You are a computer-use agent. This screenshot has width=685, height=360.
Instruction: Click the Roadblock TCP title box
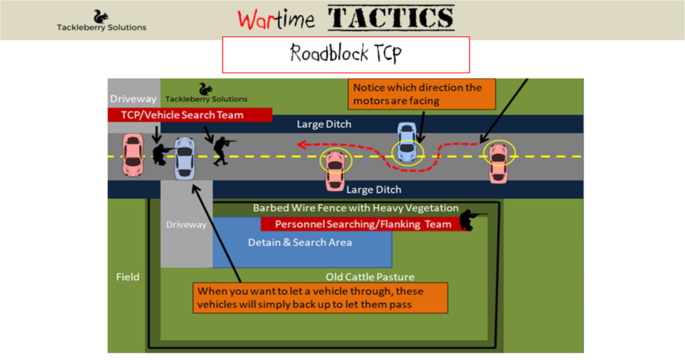click(x=346, y=54)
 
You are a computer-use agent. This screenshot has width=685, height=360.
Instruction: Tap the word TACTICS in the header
click(x=390, y=18)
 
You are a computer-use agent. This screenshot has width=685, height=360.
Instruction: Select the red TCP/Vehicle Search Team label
click(x=189, y=115)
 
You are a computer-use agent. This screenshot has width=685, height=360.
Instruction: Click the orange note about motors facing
click(x=422, y=94)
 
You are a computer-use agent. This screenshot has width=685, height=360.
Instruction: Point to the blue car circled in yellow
click(x=407, y=142)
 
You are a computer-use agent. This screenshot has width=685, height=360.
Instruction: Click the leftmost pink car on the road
click(x=132, y=155)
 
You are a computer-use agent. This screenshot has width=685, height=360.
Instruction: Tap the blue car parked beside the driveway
click(x=185, y=158)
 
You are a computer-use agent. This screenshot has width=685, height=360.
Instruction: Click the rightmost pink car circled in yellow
click(x=499, y=163)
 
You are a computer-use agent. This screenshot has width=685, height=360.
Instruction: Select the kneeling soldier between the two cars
click(x=159, y=154)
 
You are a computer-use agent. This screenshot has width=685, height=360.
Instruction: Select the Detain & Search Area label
click(x=300, y=242)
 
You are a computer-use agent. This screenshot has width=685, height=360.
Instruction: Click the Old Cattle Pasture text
click(x=370, y=277)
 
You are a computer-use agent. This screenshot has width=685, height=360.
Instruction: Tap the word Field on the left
click(x=128, y=277)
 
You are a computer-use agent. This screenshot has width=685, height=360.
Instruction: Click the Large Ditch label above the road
click(x=324, y=124)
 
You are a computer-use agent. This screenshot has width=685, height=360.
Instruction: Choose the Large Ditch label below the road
click(x=373, y=189)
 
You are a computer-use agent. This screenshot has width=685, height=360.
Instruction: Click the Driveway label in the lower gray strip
click(x=186, y=225)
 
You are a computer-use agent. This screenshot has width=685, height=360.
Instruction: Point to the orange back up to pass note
click(x=320, y=298)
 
